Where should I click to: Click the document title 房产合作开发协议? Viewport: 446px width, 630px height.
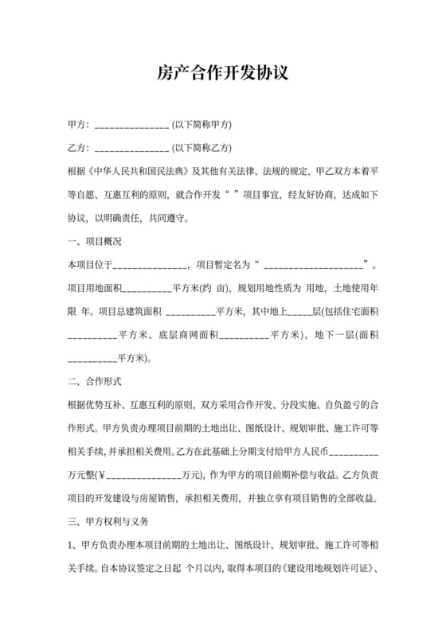[222, 73]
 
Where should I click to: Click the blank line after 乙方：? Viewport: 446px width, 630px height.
[131, 149]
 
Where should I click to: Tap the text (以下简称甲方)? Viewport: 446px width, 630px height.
[201, 126]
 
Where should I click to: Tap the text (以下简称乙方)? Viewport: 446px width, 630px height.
[201, 147]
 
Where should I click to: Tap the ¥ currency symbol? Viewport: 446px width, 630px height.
[100, 476]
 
